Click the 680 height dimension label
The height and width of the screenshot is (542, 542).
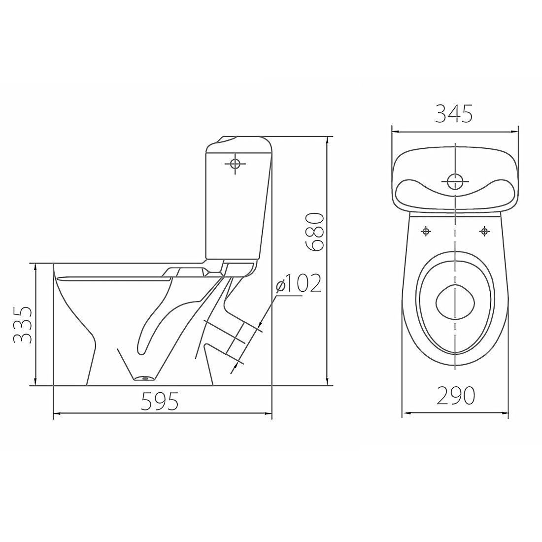coord(314,231)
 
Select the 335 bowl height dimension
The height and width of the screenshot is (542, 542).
coord(23,324)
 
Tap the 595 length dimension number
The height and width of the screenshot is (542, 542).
coord(160,401)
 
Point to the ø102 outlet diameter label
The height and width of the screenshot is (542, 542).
coord(299,283)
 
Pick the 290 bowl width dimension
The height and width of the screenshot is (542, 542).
coord(456,395)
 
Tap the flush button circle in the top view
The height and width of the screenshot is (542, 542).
coord(455,181)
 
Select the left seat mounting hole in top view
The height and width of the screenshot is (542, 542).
coord(426,231)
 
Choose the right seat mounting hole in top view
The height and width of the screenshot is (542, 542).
coord(485,231)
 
